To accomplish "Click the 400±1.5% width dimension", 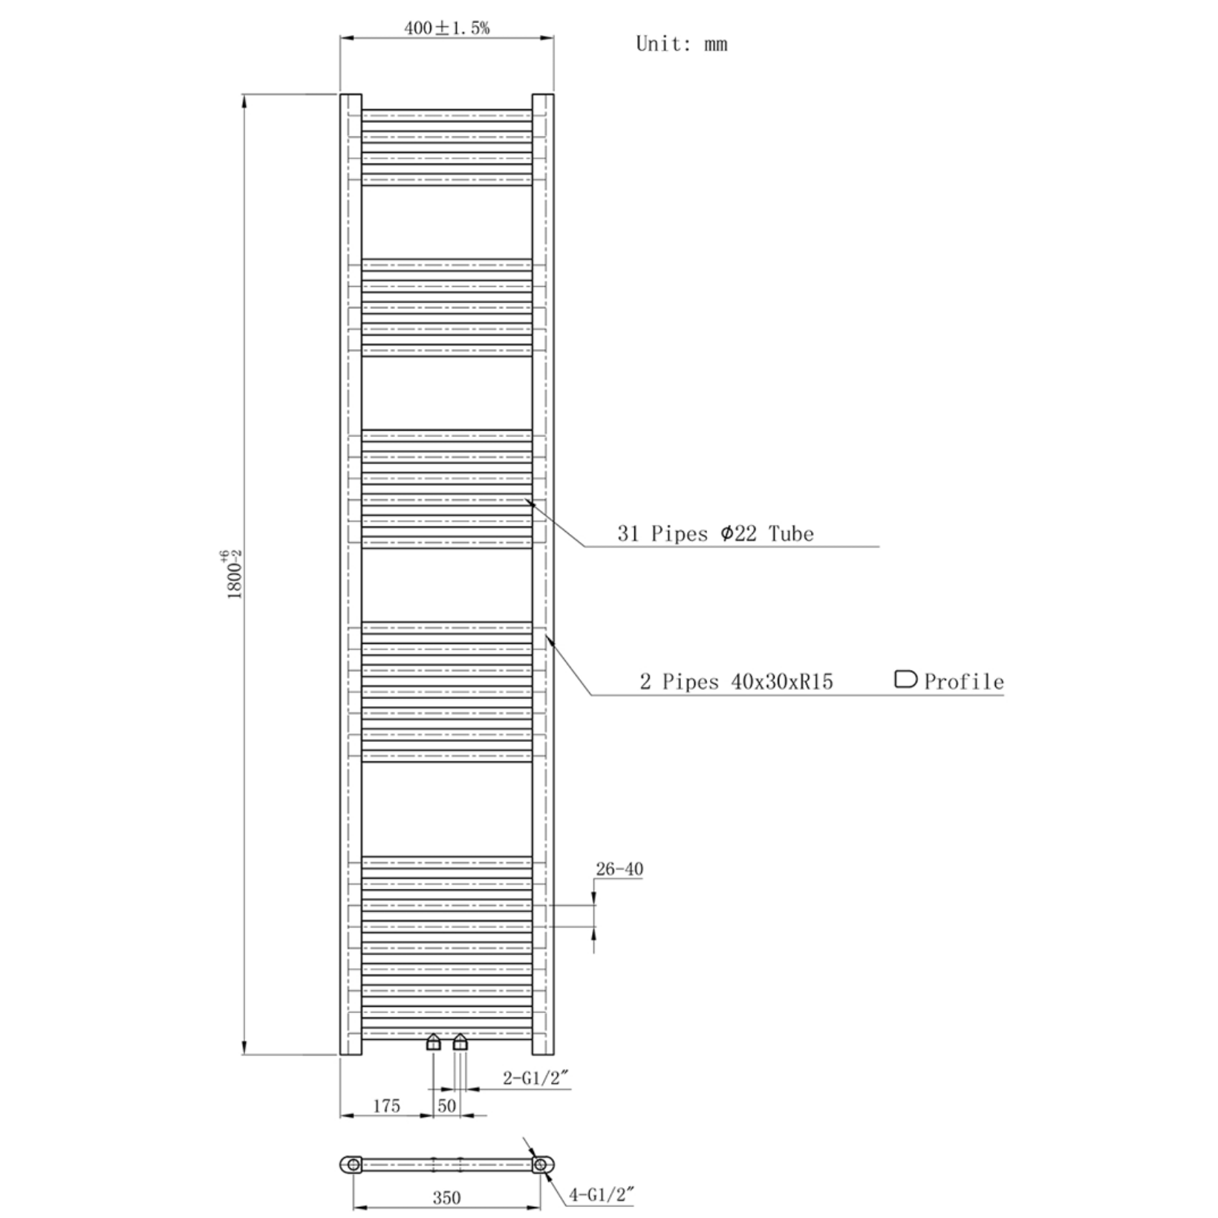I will point(446,28).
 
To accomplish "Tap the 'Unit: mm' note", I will point(681,44).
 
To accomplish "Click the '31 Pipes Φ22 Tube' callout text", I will point(715,533).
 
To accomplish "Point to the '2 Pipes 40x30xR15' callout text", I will point(736,682).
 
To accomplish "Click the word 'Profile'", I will point(963,682).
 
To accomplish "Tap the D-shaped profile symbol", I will point(905,679).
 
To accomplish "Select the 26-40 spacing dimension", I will point(619,869).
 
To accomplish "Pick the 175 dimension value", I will point(386,1106).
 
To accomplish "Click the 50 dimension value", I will point(446,1106).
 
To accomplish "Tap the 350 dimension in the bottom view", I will point(446,1198).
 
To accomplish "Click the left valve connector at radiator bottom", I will point(433,1043).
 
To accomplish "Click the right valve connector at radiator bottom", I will point(460,1043).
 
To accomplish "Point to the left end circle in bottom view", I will point(354,1164).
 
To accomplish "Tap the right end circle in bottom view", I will point(540,1164).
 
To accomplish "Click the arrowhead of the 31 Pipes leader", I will point(528,501).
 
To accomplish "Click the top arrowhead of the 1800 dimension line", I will point(244,100).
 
